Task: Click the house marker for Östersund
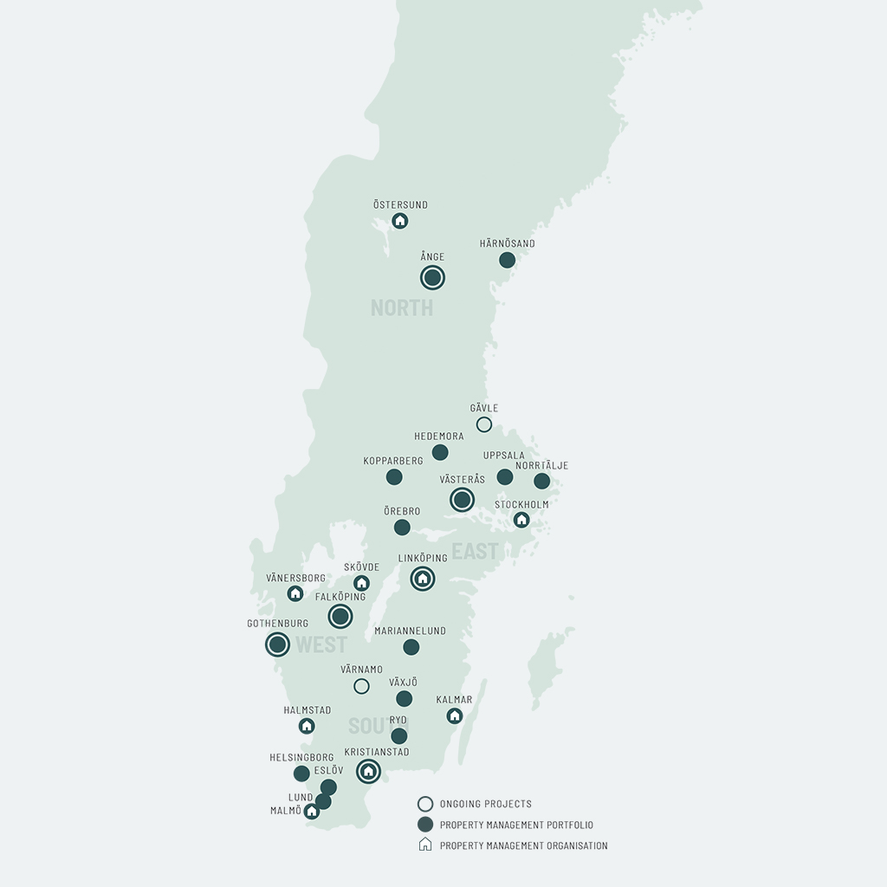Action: (x=399, y=221)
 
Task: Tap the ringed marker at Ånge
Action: (x=432, y=277)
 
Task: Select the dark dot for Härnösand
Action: (x=508, y=260)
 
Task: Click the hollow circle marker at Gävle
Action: (x=484, y=424)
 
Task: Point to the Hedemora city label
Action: (x=439, y=437)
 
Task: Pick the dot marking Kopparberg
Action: (x=394, y=476)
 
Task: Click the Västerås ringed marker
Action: (x=462, y=500)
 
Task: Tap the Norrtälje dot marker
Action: (x=542, y=481)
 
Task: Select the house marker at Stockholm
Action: (x=521, y=520)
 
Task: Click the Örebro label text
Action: (x=402, y=511)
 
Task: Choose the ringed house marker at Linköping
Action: (x=423, y=579)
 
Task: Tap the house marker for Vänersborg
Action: (x=295, y=593)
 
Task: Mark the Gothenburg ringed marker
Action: (x=277, y=644)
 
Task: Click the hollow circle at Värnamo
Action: (x=361, y=686)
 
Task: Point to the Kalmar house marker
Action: (x=455, y=715)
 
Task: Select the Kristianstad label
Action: (x=377, y=752)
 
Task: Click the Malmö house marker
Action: (x=312, y=812)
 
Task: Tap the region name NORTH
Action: (x=402, y=308)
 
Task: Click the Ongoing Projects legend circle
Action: (x=425, y=804)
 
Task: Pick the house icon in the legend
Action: (x=425, y=845)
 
